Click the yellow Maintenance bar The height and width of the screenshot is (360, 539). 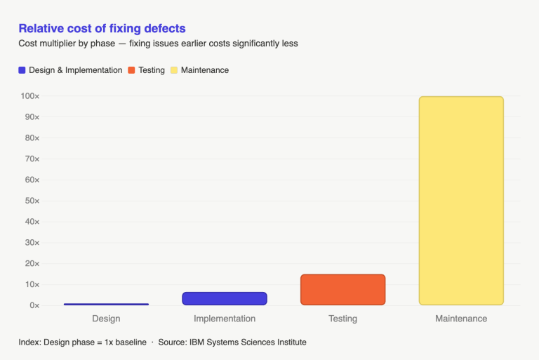[x=461, y=201]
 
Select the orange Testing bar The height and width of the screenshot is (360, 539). [x=342, y=290]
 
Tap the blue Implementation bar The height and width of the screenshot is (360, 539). [x=225, y=298]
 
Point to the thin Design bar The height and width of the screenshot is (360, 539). [x=106, y=304]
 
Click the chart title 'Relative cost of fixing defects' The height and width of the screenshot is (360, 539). [x=102, y=29]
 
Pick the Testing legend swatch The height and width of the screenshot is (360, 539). [x=131, y=70]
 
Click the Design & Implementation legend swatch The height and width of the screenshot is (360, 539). [x=22, y=70]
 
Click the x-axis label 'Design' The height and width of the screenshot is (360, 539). [x=106, y=319]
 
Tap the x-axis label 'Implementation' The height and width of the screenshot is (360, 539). [x=225, y=319]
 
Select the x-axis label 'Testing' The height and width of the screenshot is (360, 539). [x=342, y=319]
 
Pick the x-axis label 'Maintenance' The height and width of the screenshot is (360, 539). [x=461, y=319]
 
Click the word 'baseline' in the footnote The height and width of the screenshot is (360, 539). [x=130, y=342]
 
